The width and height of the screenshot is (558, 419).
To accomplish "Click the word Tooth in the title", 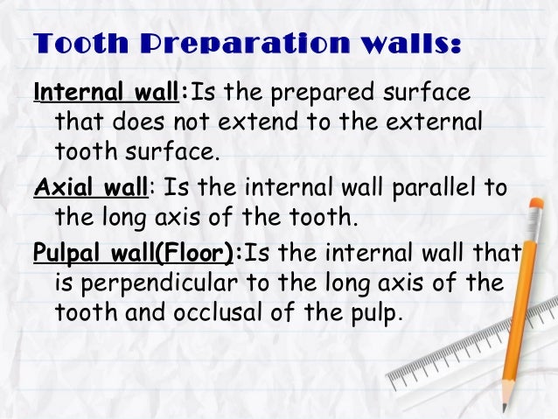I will (x=75, y=45).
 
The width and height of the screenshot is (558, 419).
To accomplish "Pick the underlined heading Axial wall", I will (x=88, y=186).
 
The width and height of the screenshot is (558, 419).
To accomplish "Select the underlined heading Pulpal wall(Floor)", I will (x=135, y=254).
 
